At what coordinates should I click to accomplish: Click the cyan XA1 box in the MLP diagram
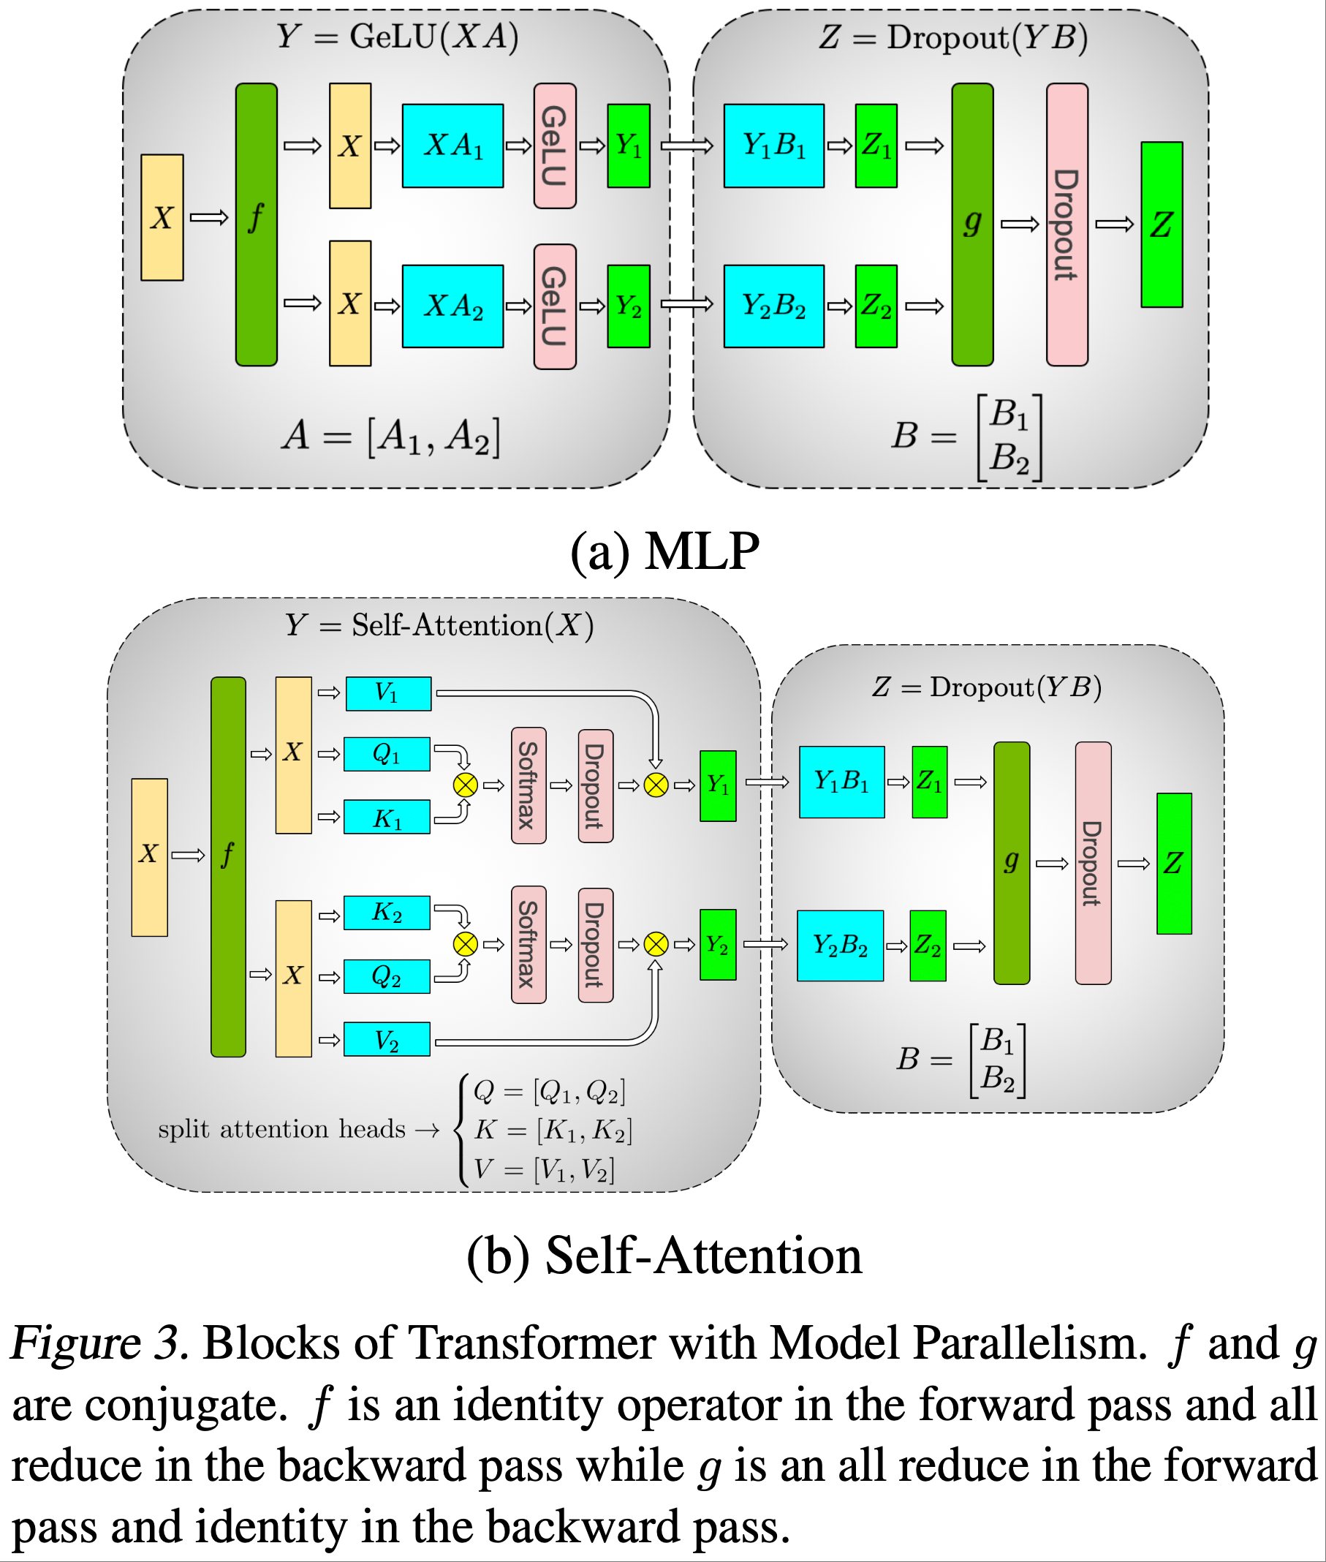(452, 145)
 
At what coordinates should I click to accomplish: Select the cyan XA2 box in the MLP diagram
(452, 306)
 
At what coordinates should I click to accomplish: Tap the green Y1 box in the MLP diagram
(629, 145)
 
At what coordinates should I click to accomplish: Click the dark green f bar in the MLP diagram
(257, 224)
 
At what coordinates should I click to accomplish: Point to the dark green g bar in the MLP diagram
(973, 224)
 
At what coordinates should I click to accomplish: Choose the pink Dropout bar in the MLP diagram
(1067, 224)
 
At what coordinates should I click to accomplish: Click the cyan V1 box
(388, 693)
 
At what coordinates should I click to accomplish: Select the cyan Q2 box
(387, 976)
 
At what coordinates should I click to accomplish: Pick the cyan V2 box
(387, 1039)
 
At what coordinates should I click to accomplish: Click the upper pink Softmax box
(528, 785)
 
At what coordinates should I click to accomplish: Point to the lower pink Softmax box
(528, 945)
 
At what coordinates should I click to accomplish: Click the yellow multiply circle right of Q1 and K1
(466, 785)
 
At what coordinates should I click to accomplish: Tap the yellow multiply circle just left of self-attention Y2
(656, 944)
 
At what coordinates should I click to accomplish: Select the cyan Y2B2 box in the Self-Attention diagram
(840, 946)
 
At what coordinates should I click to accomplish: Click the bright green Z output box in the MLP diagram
(1162, 224)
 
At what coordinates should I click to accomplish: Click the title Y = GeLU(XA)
(397, 36)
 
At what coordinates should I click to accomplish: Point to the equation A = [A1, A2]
(391, 436)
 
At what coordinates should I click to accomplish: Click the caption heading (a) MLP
(664, 551)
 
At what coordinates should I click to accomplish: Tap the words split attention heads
(281, 1129)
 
